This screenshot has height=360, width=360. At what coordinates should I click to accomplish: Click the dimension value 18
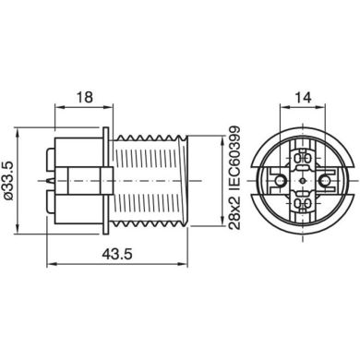(x=84, y=97)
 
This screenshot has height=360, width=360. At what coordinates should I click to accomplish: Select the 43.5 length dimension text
(x=117, y=254)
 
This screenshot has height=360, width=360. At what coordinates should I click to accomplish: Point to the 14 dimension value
(x=303, y=97)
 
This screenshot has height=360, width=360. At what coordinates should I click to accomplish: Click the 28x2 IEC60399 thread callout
(x=234, y=177)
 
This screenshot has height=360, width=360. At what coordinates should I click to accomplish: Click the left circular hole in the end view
(x=280, y=180)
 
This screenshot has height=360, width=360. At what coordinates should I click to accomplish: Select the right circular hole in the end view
(x=325, y=180)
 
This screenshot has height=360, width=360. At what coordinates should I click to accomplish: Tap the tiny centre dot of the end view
(x=303, y=180)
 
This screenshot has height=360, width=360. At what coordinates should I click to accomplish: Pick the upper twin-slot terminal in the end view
(x=303, y=159)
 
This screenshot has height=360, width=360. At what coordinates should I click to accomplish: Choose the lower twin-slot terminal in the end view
(x=303, y=202)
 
